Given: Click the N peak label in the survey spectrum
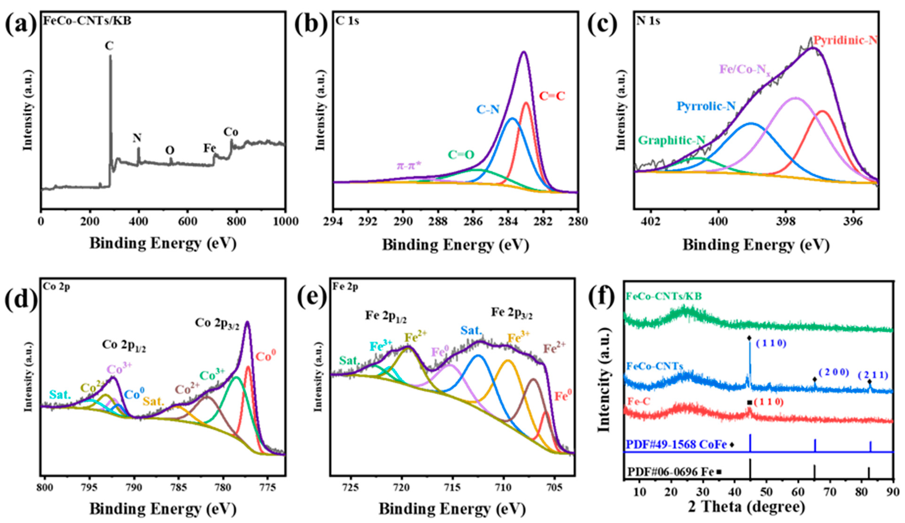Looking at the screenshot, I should point(137,138).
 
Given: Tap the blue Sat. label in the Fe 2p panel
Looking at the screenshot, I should point(471,331).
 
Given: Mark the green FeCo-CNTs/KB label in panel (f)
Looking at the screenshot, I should point(663,296).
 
